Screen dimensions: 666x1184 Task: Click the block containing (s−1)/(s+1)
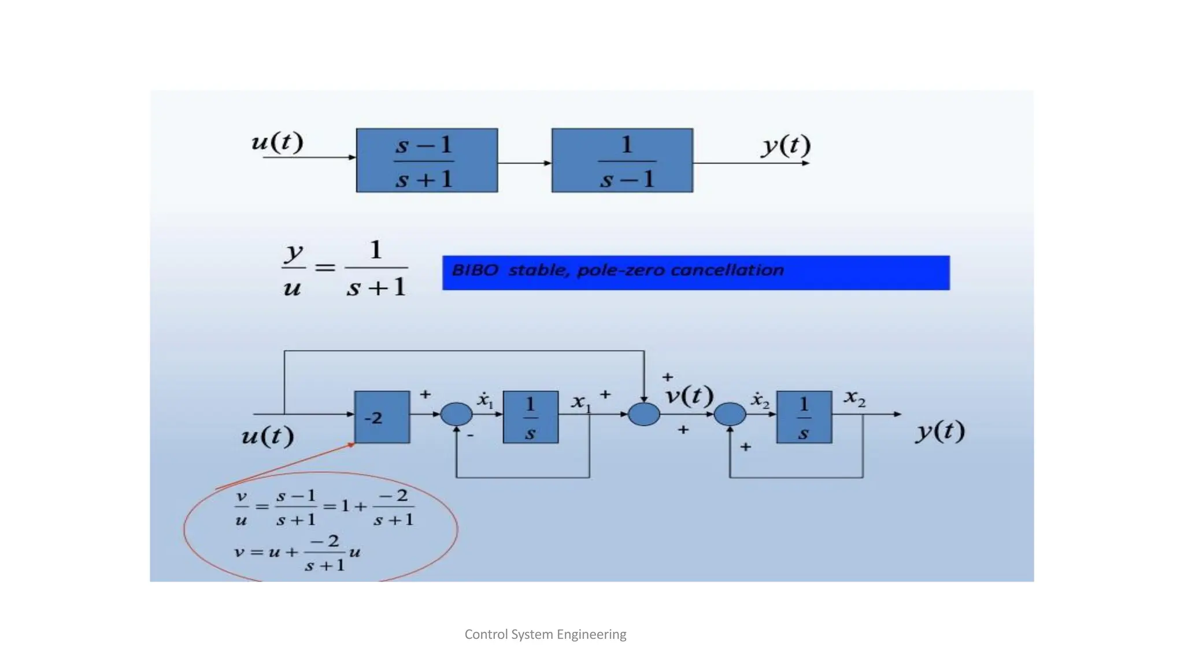(427, 160)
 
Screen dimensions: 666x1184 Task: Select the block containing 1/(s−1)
(622, 160)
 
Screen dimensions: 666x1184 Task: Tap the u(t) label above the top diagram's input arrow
(277, 142)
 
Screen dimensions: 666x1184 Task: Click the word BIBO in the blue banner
(475, 270)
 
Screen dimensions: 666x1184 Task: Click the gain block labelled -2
(382, 417)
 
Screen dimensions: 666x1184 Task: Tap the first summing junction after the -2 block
(456, 414)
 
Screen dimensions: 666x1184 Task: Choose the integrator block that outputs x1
(530, 417)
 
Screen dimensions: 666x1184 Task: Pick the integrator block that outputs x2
(804, 417)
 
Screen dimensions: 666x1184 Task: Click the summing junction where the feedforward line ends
(644, 414)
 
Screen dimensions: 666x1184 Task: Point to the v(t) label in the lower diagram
(690, 396)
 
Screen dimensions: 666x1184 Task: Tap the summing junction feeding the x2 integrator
(730, 414)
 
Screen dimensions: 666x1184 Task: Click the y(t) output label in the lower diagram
(940, 431)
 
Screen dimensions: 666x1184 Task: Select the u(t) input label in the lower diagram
(268, 435)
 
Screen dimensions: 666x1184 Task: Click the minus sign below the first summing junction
(470, 435)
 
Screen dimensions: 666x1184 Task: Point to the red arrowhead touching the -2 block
(351, 444)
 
